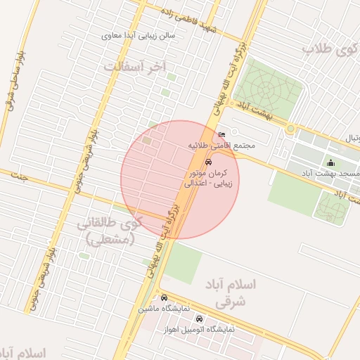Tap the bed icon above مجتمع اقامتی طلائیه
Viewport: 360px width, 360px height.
222,134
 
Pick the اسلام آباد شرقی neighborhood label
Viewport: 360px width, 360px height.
231,292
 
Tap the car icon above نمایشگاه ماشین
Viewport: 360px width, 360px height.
164,297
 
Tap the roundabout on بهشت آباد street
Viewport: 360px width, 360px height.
290,129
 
